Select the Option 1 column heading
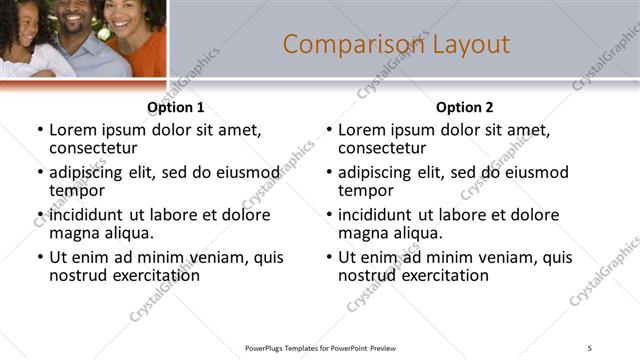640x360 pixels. (x=176, y=107)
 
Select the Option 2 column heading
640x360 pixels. (x=465, y=107)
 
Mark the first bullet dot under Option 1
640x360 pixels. (x=40, y=131)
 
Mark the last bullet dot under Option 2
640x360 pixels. (x=329, y=258)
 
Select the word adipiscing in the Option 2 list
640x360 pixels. (x=376, y=172)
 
